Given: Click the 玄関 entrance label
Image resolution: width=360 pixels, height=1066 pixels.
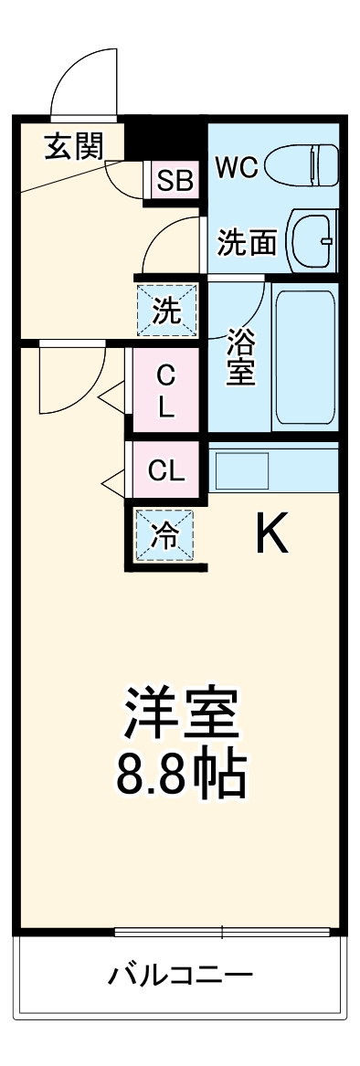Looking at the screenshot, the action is tap(73, 146).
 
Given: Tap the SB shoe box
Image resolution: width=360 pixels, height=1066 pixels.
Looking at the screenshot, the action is tap(175, 180).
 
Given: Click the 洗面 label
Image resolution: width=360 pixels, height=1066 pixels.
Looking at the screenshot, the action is tap(247, 242).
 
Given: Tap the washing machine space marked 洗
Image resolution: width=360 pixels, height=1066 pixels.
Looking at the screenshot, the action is tap(166, 311).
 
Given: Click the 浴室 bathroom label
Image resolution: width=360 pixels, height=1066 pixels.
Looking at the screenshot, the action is tap(240, 356).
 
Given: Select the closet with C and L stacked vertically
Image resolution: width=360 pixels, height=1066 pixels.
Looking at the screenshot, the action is tap(165, 390).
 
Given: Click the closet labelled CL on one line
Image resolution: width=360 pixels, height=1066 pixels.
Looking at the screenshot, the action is tap(166, 471).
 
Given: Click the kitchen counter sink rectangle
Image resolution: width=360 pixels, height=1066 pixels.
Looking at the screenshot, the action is tap(241, 470).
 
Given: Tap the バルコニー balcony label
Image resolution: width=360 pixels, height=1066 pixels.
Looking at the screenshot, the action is tap(180, 976).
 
